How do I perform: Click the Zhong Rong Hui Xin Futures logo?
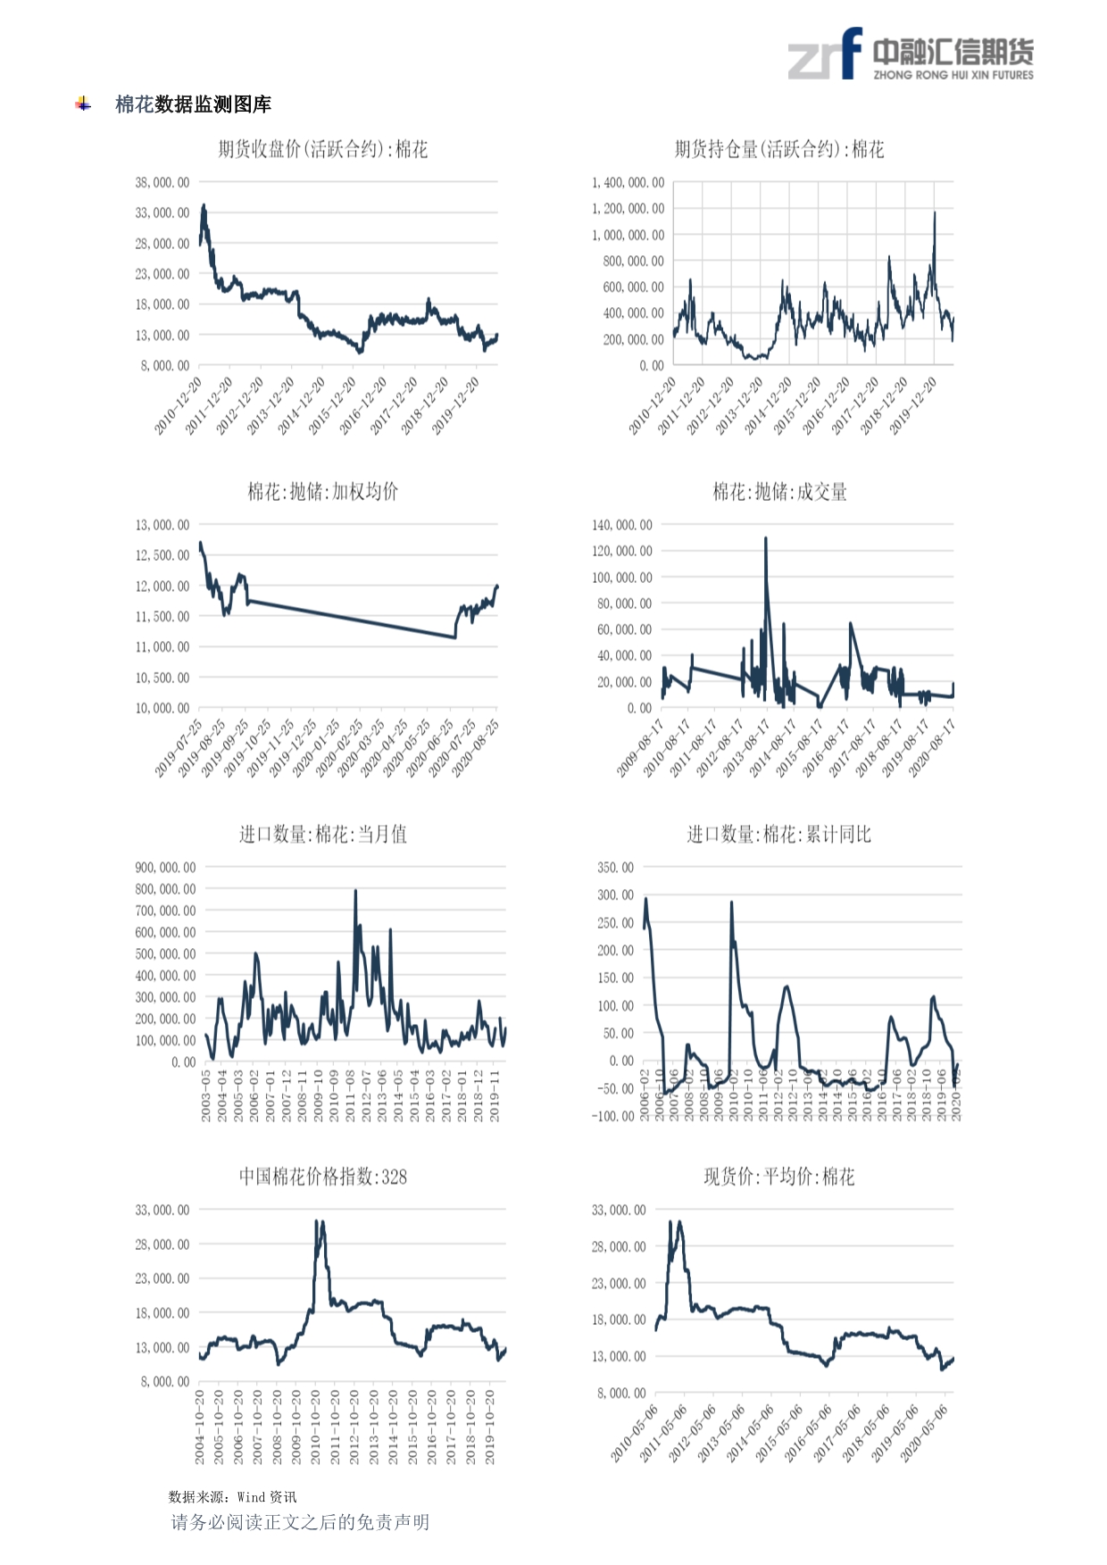point(910,55)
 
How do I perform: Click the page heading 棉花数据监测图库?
point(193,104)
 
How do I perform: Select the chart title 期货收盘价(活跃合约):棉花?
point(323,149)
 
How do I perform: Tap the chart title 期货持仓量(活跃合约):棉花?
point(779,149)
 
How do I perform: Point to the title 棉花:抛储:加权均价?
point(323,491)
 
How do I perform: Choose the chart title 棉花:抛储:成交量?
point(779,491)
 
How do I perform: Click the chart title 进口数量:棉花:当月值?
point(323,834)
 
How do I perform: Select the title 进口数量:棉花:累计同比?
point(778,834)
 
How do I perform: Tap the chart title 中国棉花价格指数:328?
point(323,1177)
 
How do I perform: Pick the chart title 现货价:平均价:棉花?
point(779,1177)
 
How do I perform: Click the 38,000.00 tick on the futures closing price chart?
point(162,182)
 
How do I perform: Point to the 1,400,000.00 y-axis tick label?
point(628,182)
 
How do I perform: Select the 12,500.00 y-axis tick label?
point(162,555)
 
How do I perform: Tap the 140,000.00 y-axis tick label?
point(622,525)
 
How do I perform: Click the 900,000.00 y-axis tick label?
point(165,867)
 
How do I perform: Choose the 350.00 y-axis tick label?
point(616,867)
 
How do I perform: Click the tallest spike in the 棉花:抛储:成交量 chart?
point(766,539)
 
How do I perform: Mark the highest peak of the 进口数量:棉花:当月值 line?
point(355,891)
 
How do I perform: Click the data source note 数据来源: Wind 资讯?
point(232,1497)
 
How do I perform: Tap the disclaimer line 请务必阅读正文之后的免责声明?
point(300,1522)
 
